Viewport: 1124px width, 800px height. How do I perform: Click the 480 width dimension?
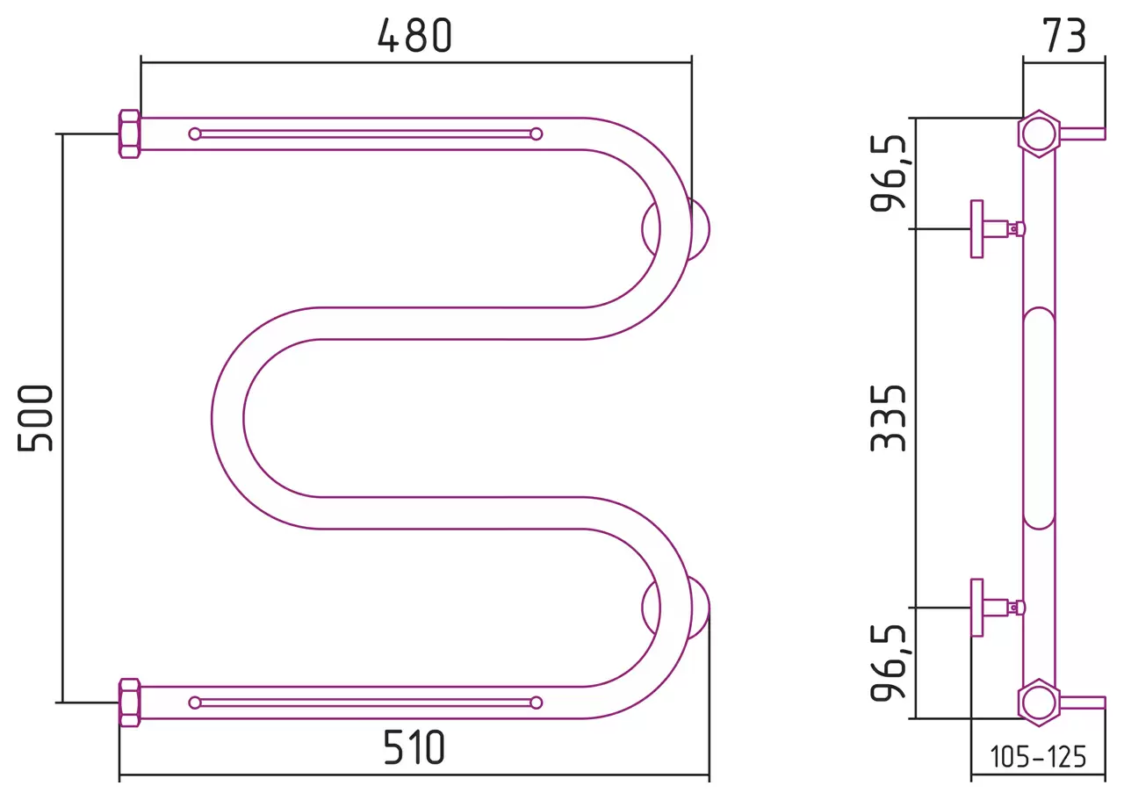pyautogui.click(x=415, y=36)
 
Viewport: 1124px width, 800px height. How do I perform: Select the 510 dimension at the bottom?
pyautogui.click(x=414, y=747)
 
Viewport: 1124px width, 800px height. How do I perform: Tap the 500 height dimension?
pyautogui.click(x=35, y=418)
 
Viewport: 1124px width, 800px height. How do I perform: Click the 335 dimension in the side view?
pyautogui.click(x=888, y=418)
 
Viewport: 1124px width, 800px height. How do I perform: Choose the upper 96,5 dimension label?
pyautogui.click(x=888, y=173)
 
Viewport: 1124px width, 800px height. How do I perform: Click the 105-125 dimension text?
pyautogui.click(x=1038, y=756)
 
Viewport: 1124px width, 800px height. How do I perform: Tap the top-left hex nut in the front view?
pyautogui.click(x=129, y=134)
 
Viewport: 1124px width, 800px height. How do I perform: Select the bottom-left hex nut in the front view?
pyautogui.click(x=129, y=703)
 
